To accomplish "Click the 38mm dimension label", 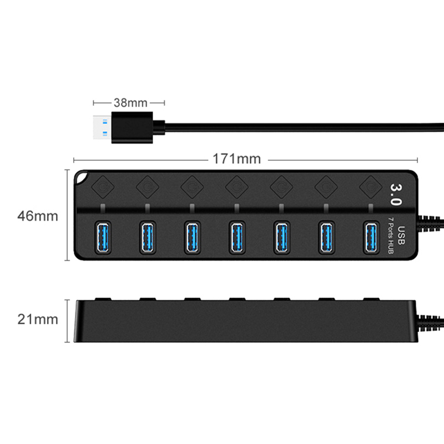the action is [130, 103].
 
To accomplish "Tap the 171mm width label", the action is [237, 159].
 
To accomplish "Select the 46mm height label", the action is [38, 216].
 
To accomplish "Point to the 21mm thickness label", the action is [38, 320].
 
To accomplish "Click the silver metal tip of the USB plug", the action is [102, 128].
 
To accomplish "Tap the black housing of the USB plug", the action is [132, 128].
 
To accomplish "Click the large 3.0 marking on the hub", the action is [396, 194].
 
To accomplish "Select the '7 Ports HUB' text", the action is [390, 235].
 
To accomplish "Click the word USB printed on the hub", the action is [401, 235].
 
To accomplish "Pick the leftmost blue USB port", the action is [103, 238].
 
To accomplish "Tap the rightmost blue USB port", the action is [371, 238].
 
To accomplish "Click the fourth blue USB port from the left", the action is [237, 238].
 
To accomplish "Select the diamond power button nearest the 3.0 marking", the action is [371, 187].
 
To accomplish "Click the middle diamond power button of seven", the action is [237, 187].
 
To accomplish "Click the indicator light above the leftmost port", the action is [103, 208].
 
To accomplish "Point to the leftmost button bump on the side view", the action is [103, 299].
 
